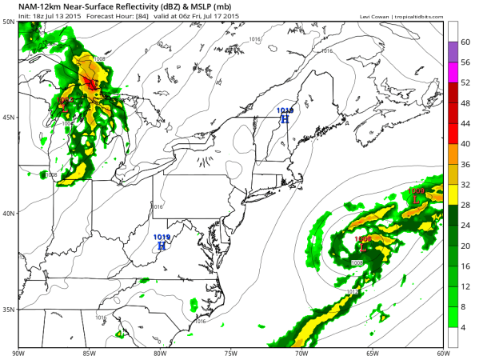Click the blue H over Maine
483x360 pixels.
click(285, 118)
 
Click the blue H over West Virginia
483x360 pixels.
click(162, 246)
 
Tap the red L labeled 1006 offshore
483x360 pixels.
click(363, 247)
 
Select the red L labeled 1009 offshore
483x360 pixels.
click(415, 198)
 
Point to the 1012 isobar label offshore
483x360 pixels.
click(353, 293)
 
